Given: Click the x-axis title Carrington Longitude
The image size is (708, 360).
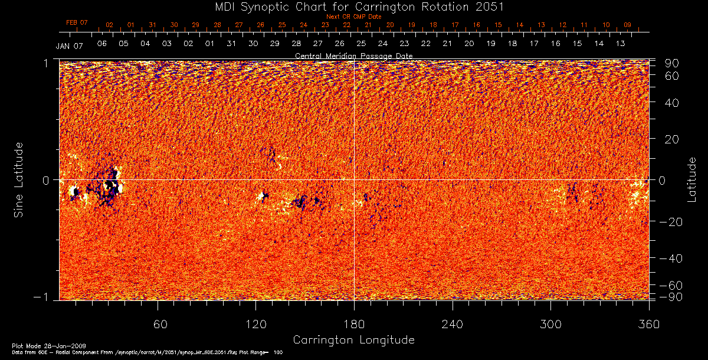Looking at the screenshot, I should click(x=353, y=340).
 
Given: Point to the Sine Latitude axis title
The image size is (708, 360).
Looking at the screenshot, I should click(x=19, y=179).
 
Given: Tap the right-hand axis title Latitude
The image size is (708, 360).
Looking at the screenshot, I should click(x=691, y=179).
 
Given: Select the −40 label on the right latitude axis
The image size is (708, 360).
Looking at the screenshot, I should click(x=670, y=258).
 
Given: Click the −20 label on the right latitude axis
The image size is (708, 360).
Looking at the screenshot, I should click(x=670, y=221).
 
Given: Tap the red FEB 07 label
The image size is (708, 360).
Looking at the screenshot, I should click(x=77, y=22).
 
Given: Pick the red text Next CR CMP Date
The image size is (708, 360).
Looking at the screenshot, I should click(x=354, y=17).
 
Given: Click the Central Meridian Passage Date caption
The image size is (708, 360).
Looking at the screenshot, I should click(x=353, y=56).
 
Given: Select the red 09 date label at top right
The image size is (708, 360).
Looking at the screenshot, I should click(x=627, y=25).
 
